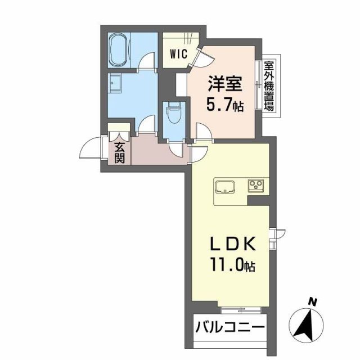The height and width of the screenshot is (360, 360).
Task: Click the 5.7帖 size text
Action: [226, 105]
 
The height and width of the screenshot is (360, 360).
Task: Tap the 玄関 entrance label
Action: [119, 151]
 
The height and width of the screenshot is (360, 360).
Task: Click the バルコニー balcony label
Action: [229, 326]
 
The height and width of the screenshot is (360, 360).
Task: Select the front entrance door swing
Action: [90, 149]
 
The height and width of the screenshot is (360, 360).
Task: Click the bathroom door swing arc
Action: [147, 60]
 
